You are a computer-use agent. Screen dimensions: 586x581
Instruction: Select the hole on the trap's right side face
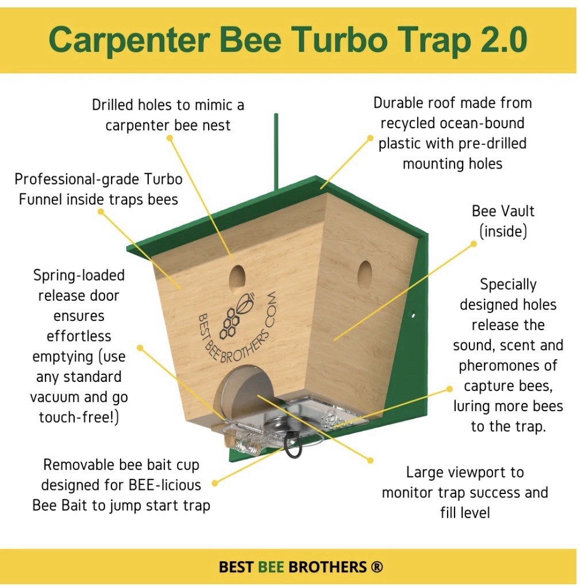(x=364, y=275)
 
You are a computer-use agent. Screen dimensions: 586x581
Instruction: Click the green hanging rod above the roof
(x=276, y=150)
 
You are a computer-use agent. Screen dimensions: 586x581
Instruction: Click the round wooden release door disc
(x=237, y=393)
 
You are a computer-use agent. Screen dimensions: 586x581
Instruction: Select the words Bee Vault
(x=503, y=211)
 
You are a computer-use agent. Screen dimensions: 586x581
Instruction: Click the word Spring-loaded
(x=79, y=275)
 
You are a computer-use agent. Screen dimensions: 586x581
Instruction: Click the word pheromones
(x=507, y=366)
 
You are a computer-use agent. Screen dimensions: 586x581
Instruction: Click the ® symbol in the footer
(x=377, y=567)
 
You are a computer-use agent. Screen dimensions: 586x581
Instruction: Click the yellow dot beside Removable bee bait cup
(x=215, y=484)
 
